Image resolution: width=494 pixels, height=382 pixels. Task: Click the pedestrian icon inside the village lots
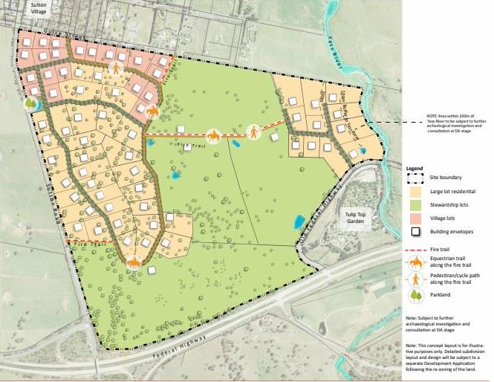click(x=117, y=68)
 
